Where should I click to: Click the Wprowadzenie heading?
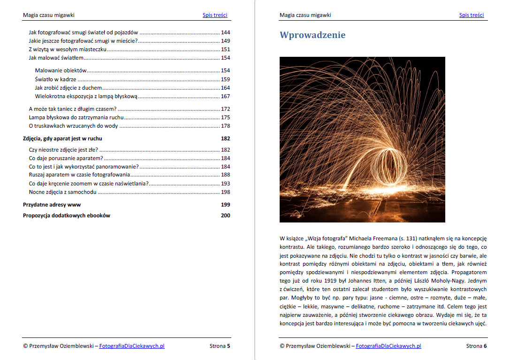point(312,35)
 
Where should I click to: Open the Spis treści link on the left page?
point(215,15)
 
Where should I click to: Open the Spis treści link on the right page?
point(472,15)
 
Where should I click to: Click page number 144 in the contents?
point(225,33)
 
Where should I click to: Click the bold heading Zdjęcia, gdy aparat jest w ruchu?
point(62,138)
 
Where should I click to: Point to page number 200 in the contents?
point(225,215)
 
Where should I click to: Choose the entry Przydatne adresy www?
point(52,205)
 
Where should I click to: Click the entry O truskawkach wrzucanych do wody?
point(73,126)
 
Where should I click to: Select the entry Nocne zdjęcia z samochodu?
point(62,192)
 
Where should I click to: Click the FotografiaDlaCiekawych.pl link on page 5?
point(132,346)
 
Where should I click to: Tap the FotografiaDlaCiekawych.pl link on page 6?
point(388,346)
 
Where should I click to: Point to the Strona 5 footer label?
point(220,346)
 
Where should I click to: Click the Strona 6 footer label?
point(476,346)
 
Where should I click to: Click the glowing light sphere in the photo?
point(390,166)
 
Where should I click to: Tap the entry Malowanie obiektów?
point(61,70)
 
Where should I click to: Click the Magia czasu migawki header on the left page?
point(48,15)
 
